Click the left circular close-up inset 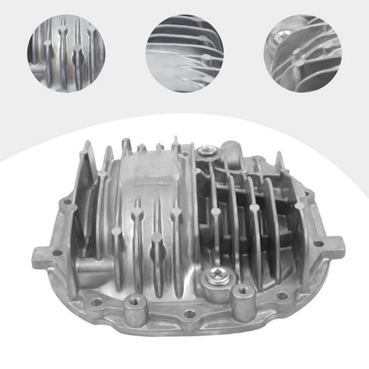tap(66, 53)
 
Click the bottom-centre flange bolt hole tap(190, 315)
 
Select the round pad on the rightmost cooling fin tap(299, 206)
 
